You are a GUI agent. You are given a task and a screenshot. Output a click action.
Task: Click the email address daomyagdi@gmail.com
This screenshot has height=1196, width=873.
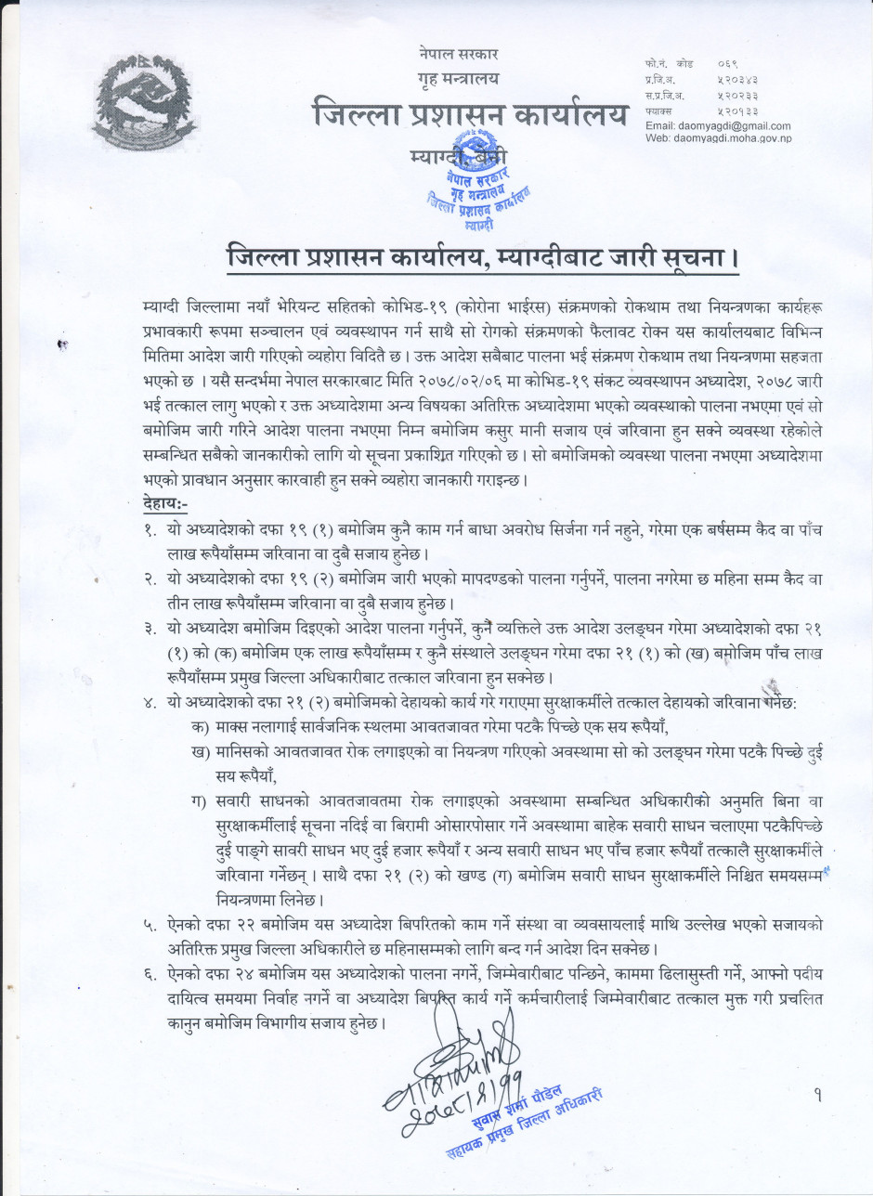point(718,125)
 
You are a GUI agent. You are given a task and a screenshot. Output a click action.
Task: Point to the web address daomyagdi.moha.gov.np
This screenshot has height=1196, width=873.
point(718,138)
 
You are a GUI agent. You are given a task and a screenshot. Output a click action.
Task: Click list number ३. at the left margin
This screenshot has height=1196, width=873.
point(150,630)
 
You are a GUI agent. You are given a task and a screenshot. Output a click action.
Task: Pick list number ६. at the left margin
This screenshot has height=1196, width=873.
point(150,973)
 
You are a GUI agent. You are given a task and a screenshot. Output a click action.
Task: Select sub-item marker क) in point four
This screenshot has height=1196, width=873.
point(197,724)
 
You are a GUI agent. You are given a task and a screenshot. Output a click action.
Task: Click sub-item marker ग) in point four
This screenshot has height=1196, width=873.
point(197,800)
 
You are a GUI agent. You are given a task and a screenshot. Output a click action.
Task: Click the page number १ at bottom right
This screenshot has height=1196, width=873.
point(817,1096)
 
